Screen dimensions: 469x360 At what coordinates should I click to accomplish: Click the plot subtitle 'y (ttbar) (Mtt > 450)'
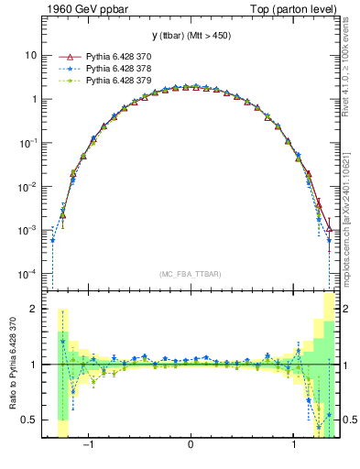click(190, 37)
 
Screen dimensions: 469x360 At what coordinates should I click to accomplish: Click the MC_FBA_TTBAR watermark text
click(190, 274)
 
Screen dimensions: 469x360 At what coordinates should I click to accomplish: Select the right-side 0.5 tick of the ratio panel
click(346, 420)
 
